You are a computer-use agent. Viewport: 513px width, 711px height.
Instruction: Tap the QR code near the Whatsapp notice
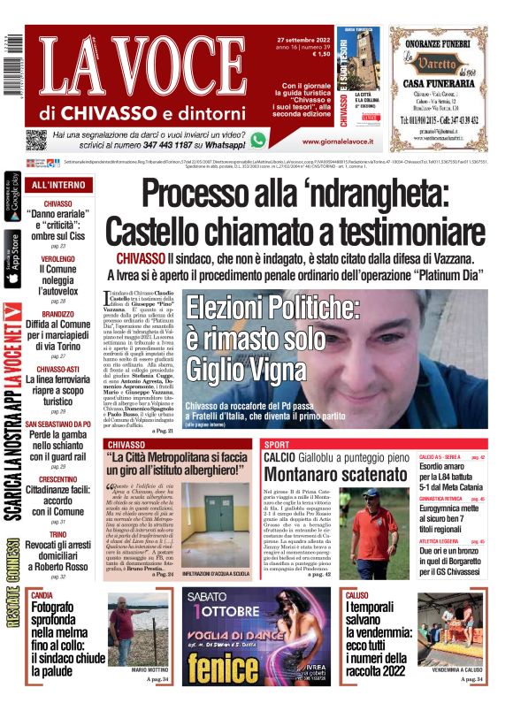click(x=35, y=140)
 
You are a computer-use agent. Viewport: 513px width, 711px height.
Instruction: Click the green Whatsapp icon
click(x=258, y=139)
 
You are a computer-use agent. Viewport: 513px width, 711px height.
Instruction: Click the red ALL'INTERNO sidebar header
click(x=58, y=185)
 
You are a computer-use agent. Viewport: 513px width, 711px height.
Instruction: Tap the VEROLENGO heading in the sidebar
click(x=57, y=258)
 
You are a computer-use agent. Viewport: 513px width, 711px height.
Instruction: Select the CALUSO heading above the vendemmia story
click(x=357, y=596)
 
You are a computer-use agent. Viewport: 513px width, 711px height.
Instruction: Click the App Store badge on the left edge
click(x=12, y=258)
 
